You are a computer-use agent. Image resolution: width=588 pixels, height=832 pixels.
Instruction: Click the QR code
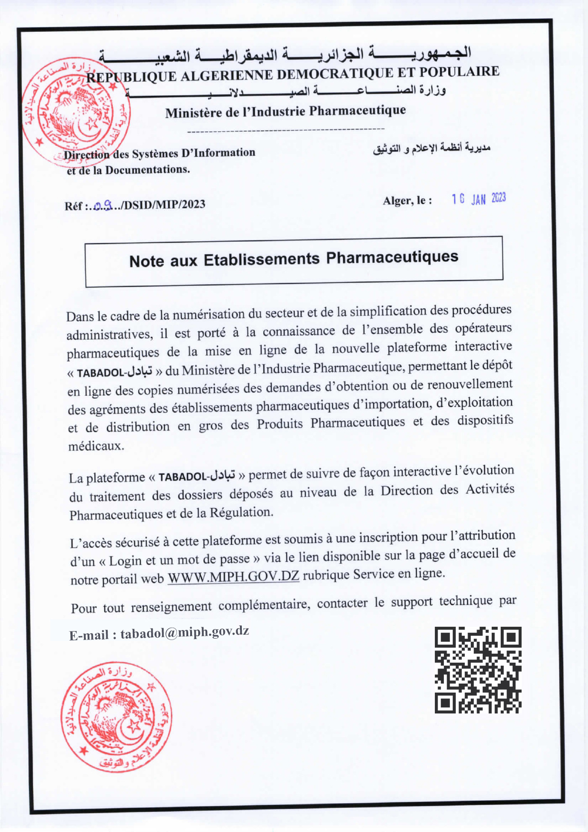[x=478, y=670]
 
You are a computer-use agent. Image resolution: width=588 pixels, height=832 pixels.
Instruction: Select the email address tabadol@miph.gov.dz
[x=184, y=632]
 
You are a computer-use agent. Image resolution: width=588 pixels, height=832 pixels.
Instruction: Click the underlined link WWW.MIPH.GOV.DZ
[x=233, y=576]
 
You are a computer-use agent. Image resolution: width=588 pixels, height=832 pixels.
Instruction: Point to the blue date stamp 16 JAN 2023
[x=478, y=199]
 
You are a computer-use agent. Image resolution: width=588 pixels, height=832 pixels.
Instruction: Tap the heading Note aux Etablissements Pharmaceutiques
[x=294, y=259]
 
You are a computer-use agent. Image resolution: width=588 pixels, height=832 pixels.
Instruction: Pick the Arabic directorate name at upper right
[x=432, y=148]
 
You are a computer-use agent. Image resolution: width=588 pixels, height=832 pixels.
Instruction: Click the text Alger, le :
[x=407, y=201]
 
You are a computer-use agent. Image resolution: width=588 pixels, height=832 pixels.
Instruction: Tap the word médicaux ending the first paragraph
[x=96, y=446]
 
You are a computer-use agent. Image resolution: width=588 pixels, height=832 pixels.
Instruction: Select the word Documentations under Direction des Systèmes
[x=147, y=170]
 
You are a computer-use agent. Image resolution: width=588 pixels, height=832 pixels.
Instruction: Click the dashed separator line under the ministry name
[x=286, y=129]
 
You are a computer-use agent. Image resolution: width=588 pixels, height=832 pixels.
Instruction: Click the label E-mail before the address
[x=90, y=635]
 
